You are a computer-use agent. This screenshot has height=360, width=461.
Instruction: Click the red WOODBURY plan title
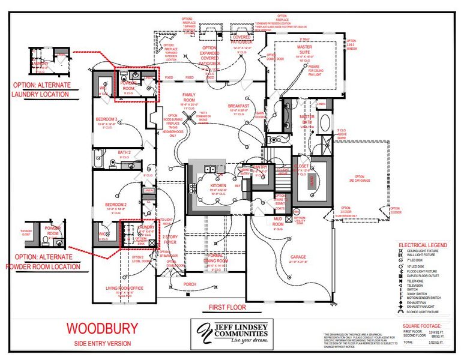[102, 328]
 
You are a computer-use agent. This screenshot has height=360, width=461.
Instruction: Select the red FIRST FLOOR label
[227, 307]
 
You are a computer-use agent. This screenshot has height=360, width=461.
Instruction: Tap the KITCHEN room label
[218, 187]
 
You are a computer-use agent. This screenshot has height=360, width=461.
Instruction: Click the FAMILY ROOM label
[190, 97]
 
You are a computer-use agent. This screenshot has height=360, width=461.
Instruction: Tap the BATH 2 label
[124, 152]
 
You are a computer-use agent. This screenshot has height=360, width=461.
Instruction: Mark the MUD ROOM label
[278, 220]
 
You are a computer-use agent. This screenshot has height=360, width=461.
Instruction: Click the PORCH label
[190, 284]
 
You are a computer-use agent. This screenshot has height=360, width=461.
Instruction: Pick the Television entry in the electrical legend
[415, 286]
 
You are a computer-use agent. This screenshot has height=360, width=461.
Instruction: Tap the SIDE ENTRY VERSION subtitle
[102, 343]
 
